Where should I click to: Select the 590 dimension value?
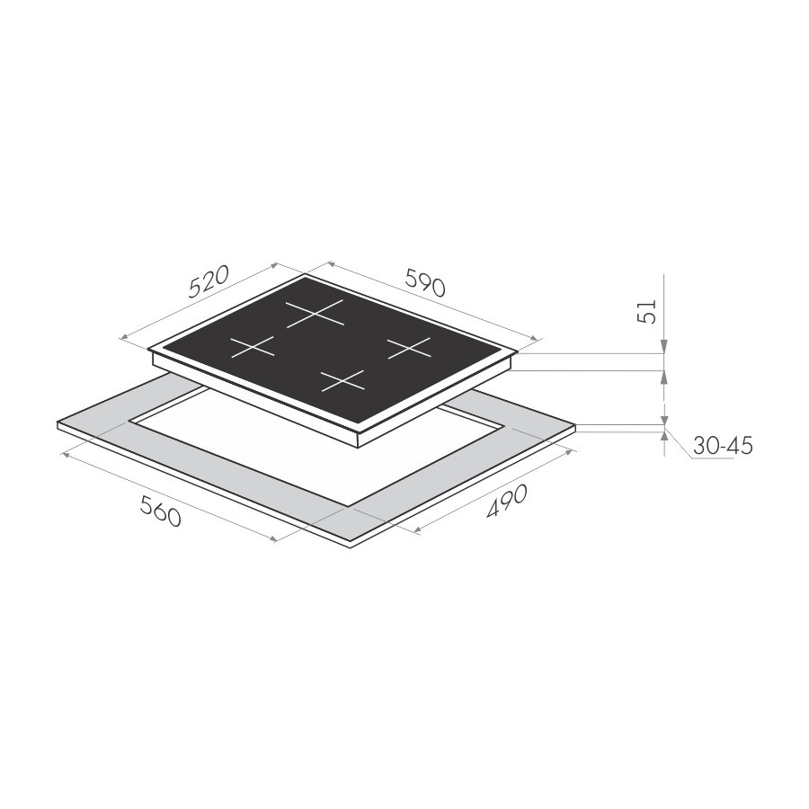[425, 282]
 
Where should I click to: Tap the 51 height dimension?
[646, 312]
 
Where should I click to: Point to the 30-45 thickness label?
[723, 445]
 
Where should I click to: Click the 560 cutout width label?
[161, 511]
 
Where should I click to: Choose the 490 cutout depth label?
[507, 501]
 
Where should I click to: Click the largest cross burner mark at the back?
[315, 313]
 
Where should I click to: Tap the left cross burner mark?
[252, 347]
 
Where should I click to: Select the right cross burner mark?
[409, 348]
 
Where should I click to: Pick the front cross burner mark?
[342, 380]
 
